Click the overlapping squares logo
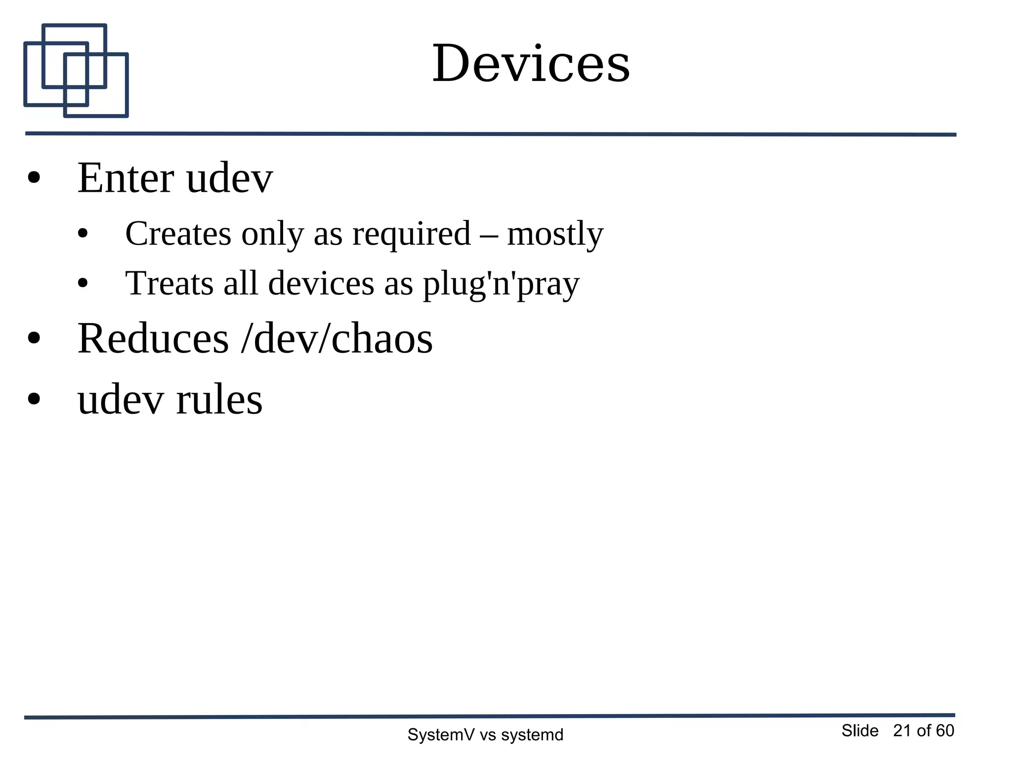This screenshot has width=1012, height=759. (76, 71)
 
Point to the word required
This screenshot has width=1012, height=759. (411, 234)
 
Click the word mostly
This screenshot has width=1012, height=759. (555, 234)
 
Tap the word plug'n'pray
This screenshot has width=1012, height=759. (501, 285)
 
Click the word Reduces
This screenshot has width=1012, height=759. (153, 338)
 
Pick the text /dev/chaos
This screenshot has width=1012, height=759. (337, 338)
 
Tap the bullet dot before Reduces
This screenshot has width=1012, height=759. (34, 338)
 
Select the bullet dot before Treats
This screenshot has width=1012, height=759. (83, 284)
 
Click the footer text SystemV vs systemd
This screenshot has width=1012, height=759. (485, 735)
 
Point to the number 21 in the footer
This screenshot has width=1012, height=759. (902, 730)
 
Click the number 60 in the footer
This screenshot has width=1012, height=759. (945, 730)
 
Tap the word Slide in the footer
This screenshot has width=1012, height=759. (860, 730)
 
